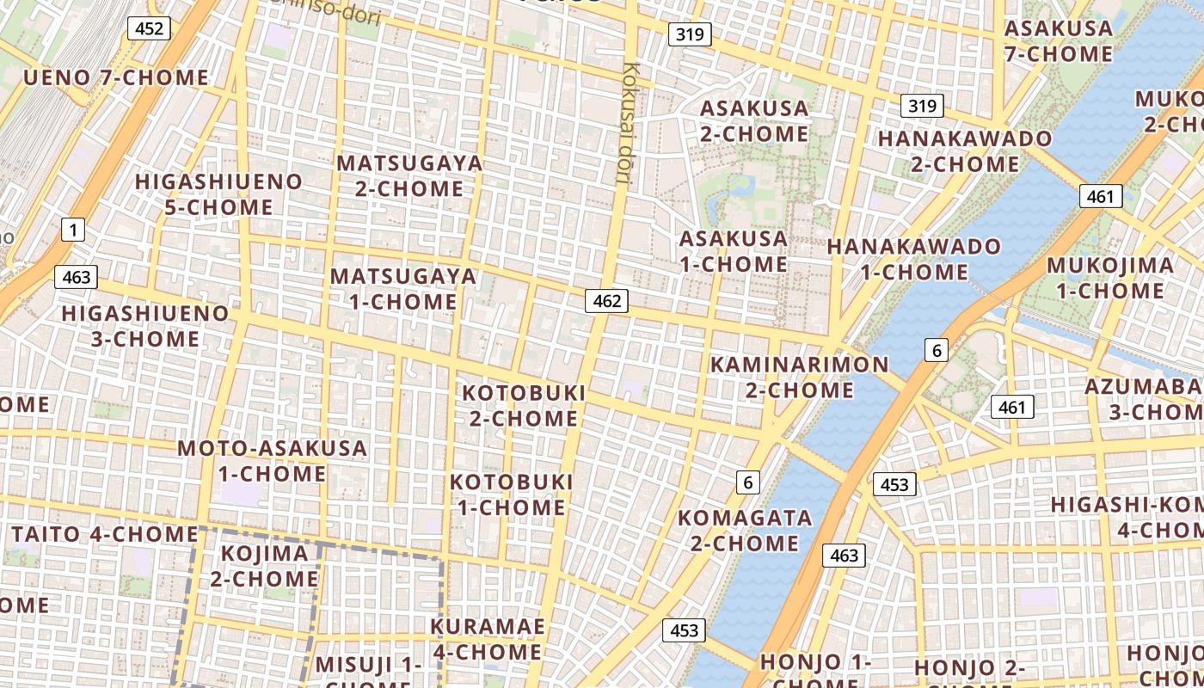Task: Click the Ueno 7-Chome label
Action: (116, 77)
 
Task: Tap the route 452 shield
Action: (149, 28)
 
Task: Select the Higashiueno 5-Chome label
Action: (218, 194)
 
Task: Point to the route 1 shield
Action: (74, 230)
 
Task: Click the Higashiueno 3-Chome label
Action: (145, 326)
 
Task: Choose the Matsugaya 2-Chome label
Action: (409, 175)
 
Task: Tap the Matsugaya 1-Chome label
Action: (403, 289)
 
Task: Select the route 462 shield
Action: (606, 301)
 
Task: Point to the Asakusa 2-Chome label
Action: (754, 121)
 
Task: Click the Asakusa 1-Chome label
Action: (734, 251)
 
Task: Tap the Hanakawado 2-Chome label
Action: (965, 150)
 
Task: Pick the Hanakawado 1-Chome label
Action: (914, 260)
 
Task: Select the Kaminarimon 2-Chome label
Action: (799, 377)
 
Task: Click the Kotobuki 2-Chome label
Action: (524, 405)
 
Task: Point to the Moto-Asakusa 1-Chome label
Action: (272, 461)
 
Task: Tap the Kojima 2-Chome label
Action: (265, 566)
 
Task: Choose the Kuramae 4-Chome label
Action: (487, 639)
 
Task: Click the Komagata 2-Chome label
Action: (745, 531)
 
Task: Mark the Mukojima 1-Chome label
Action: (1109, 278)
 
